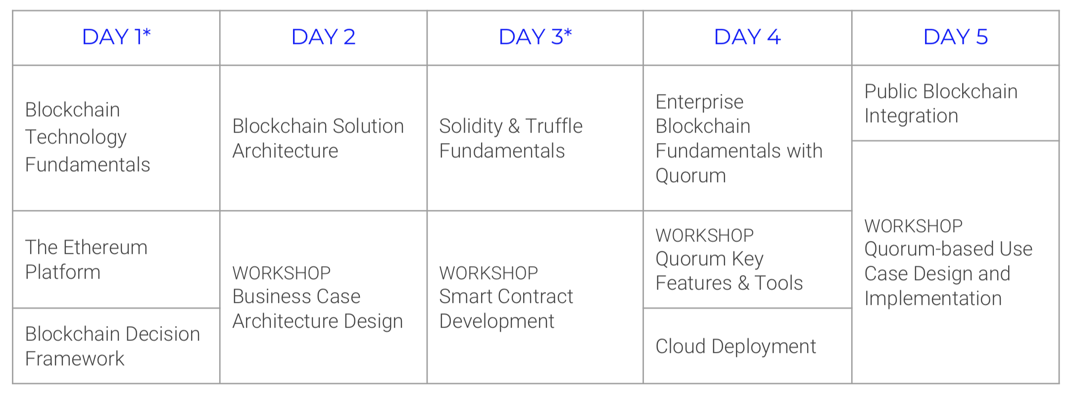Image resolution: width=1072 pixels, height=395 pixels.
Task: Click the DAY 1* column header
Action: (x=116, y=38)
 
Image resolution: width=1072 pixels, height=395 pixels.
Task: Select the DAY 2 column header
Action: (x=323, y=38)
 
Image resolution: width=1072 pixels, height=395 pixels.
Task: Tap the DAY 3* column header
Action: (x=535, y=38)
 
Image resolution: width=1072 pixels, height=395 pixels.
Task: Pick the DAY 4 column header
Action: (x=747, y=38)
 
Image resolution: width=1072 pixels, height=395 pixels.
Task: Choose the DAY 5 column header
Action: (x=955, y=38)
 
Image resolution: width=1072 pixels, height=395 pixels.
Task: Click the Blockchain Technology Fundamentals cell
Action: (x=116, y=138)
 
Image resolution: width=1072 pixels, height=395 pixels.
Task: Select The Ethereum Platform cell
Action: (x=116, y=259)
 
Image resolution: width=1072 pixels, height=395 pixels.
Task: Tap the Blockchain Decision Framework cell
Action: (x=116, y=346)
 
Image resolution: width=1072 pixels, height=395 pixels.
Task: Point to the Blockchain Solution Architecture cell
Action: (x=323, y=138)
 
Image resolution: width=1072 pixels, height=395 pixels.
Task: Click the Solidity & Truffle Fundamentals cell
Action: (x=535, y=138)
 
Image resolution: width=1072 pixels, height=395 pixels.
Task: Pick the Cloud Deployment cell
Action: (x=747, y=346)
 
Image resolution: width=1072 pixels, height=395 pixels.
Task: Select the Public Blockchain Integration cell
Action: (x=955, y=103)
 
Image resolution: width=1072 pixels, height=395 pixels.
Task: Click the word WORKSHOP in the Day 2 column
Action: (x=282, y=273)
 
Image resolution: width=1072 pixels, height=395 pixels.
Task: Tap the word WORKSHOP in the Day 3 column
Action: (x=488, y=273)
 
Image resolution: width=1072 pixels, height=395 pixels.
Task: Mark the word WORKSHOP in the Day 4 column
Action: (x=705, y=235)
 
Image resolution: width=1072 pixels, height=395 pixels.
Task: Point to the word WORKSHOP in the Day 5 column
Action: (x=914, y=226)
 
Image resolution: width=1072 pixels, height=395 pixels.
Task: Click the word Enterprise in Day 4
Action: (x=699, y=102)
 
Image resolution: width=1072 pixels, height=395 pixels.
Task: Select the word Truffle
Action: (x=554, y=126)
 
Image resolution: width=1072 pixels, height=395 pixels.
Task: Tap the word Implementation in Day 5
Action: (x=933, y=299)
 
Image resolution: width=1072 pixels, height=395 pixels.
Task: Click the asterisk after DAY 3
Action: (x=568, y=33)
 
